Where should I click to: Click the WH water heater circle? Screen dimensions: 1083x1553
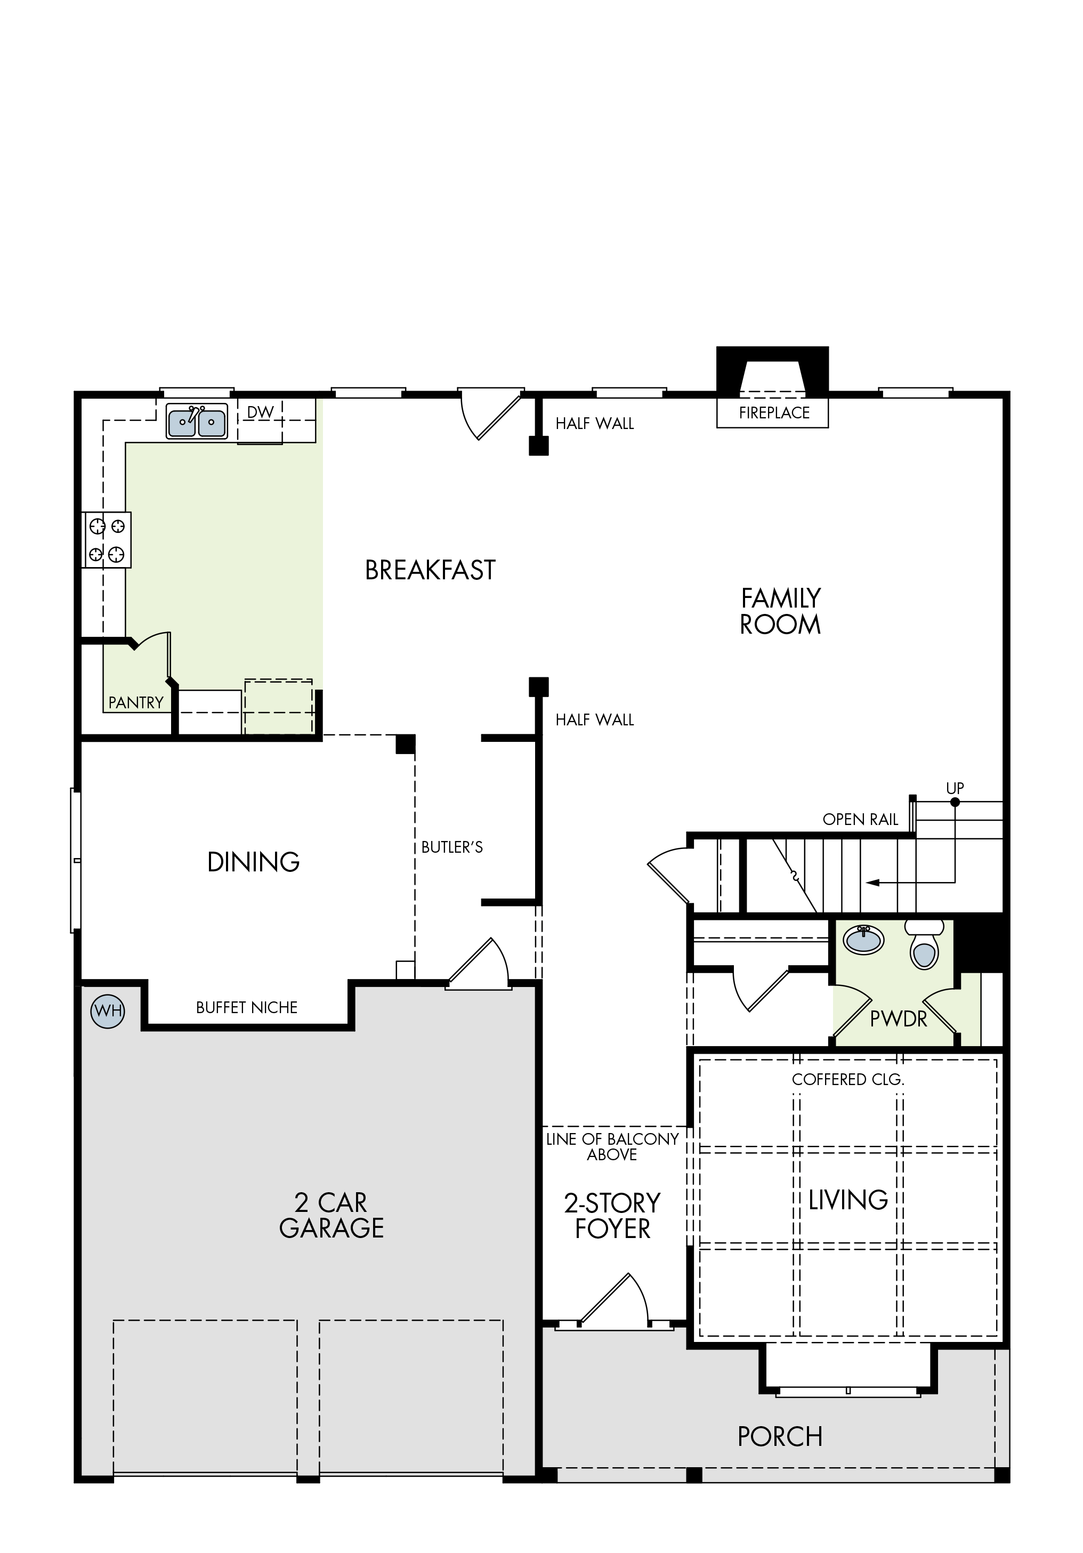(x=108, y=1011)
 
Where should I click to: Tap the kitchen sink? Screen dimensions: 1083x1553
(x=197, y=422)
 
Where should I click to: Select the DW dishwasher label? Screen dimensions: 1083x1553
(x=261, y=412)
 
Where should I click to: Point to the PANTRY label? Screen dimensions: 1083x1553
(x=136, y=703)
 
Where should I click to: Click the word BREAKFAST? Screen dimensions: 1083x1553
(x=430, y=570)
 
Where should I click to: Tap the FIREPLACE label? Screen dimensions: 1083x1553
(x=774, y=412)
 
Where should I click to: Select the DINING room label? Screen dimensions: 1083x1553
(x=254, y=862)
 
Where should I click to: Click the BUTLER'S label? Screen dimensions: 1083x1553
(x=452, y=847)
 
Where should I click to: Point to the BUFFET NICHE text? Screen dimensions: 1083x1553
(x=247, y=1008)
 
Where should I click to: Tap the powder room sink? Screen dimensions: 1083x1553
(x=863, y=940)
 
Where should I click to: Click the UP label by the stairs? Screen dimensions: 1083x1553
(x=955, y=788)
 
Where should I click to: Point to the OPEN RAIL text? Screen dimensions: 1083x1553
(x=860, y=820)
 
